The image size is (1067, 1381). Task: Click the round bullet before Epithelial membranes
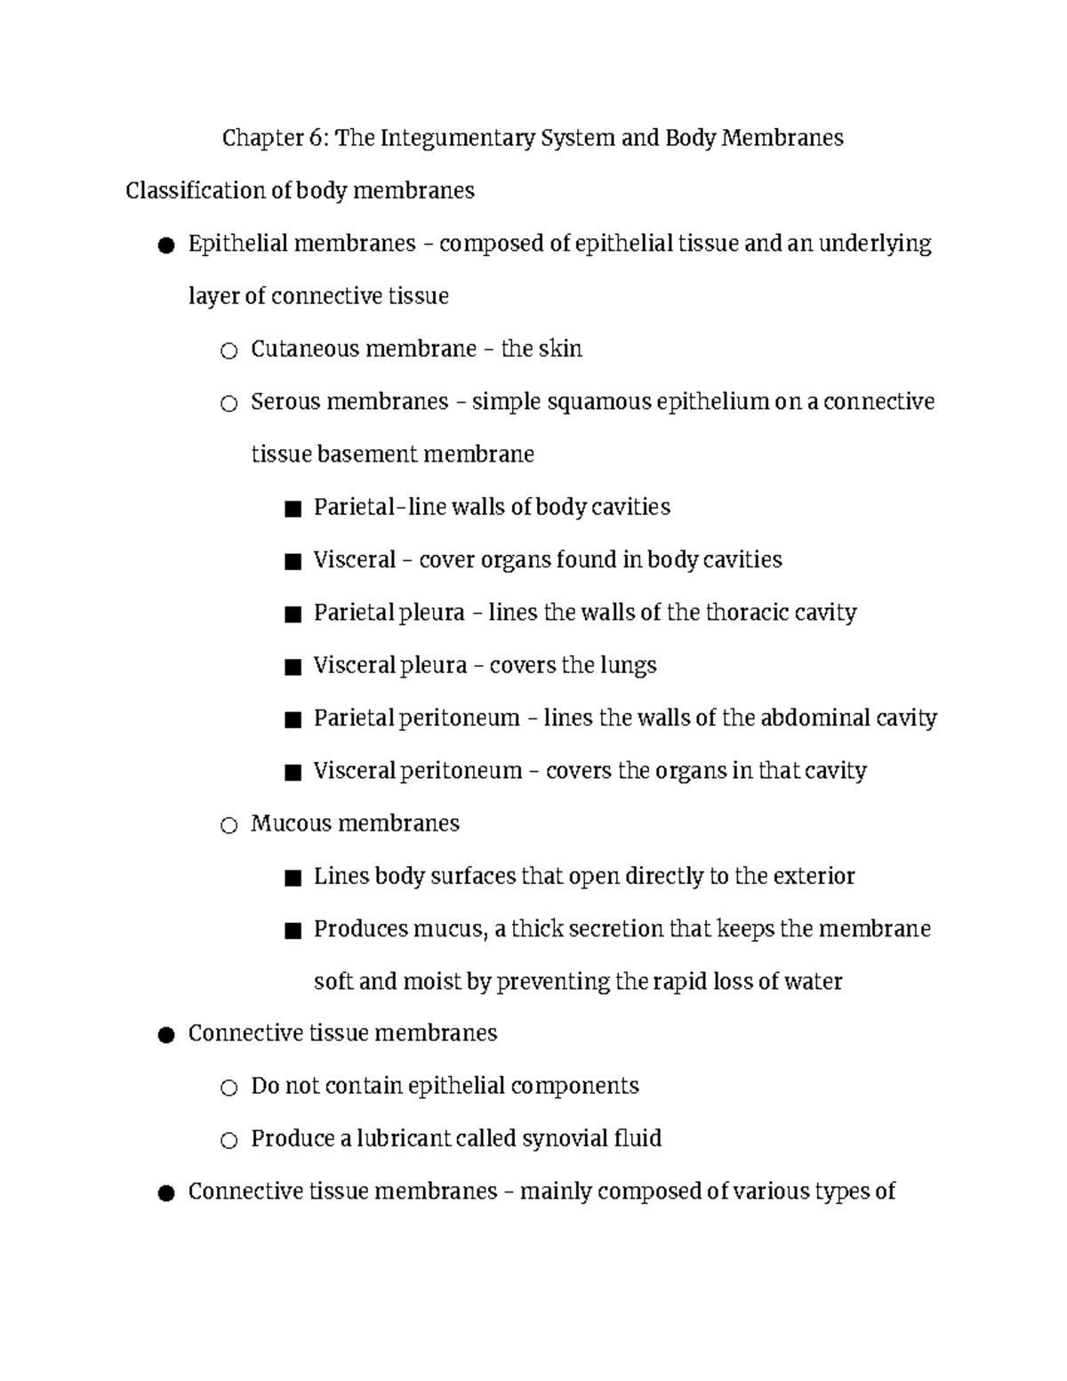165,245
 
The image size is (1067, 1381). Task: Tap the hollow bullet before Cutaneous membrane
229,351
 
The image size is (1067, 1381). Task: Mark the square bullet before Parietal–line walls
293,510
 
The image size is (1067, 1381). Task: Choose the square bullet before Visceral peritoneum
293,773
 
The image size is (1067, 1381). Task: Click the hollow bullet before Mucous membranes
229,826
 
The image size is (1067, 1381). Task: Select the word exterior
814,876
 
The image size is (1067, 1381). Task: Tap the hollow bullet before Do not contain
229,1088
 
